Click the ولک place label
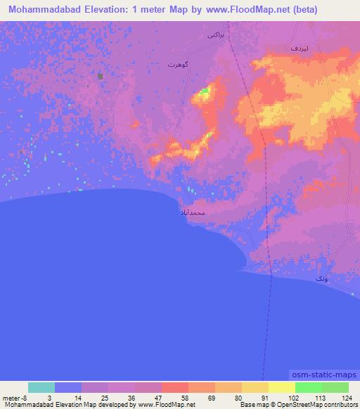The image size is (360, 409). click(x=321, y=280)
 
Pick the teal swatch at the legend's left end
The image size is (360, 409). click(x=41, y=387)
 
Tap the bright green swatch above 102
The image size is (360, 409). click(x=309, y=387)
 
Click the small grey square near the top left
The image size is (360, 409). click(x=101, y=76)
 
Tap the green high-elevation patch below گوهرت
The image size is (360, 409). click(x=205, y=91)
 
